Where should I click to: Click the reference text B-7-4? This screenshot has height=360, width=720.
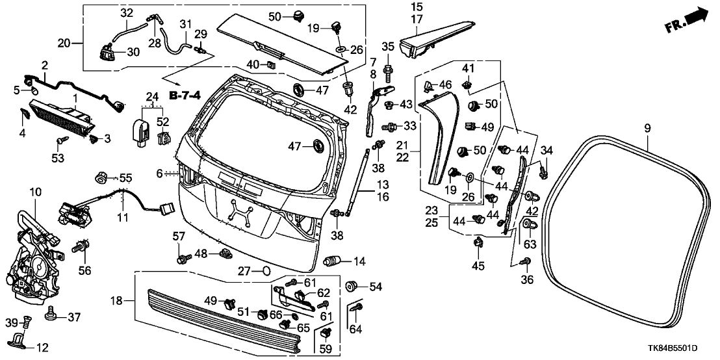pyautogui.click(x=185, y=96)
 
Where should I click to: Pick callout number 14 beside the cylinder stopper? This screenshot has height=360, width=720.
pyautogui.click(x=359, y=261)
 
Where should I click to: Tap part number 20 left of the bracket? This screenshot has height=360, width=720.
pyautogui.click(x=64, y=44)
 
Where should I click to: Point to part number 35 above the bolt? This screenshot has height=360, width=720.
pyautogui.click(x=387, y=46)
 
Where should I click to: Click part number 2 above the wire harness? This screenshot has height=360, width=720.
pyautogui.click(x=44, y=65)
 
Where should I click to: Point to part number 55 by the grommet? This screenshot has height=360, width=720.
pyautogui.click(x=125, y=177)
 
